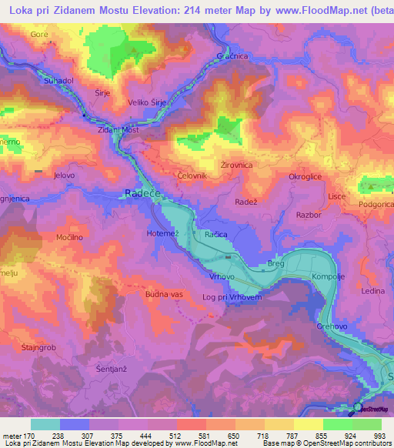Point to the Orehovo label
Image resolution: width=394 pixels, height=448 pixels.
click(333, 326)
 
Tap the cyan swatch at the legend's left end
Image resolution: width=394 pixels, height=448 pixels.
click(45, 424)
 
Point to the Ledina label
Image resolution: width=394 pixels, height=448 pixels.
click(372, 291)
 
